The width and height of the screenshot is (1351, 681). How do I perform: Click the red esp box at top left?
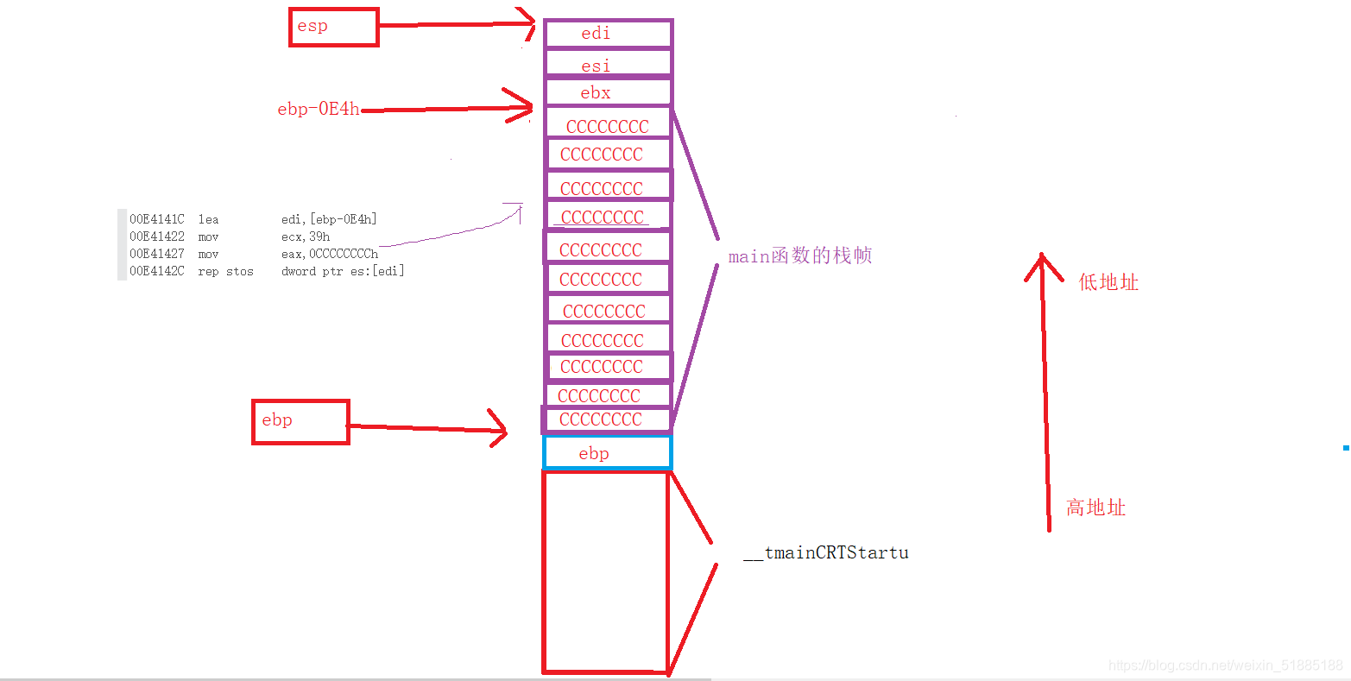(x=333, y=27)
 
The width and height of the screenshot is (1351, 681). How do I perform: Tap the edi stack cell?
(x=608, y=34)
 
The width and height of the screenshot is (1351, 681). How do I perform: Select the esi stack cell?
(x=608, y=65)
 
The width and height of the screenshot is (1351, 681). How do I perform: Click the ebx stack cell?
(x=608, y=92)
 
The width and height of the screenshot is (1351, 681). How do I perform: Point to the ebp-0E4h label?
(x=318, y=110)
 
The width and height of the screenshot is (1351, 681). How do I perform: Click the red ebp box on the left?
(x=300, y=422)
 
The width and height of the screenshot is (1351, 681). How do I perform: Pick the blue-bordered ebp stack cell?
(x=607, y=453)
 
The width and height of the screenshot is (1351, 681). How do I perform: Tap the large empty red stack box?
(x=606, y=571)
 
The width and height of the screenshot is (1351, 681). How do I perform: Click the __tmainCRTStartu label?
(x=826, y=552)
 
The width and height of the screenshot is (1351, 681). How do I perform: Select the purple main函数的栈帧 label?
(x=799, y=256)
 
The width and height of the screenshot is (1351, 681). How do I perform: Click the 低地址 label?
(x=1108, y=282)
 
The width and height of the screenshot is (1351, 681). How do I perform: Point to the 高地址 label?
(x=1095, y=508)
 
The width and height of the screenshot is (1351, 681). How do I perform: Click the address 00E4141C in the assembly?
(x=157, y=219)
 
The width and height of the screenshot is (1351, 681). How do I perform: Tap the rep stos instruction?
(x=225, y=271)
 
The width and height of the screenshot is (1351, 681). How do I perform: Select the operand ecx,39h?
(x=306, y=236)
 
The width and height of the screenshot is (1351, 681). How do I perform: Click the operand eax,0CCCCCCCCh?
(x=330, y=254)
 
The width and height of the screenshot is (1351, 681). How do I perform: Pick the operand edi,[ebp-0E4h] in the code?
(x=329, y=219)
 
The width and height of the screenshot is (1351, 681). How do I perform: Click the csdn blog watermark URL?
(x=1226, y=665)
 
